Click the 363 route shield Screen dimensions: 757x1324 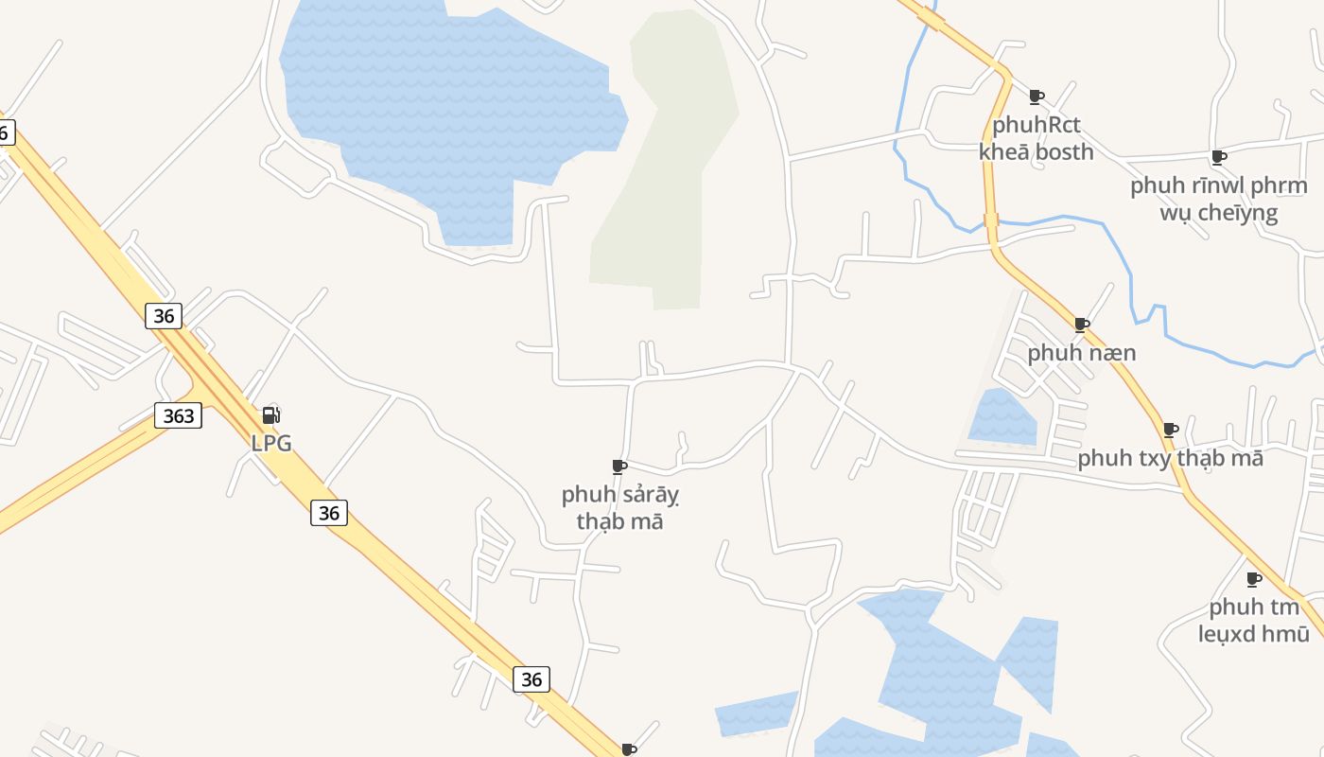tap(178, 414)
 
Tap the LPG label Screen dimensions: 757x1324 tap(271, 442)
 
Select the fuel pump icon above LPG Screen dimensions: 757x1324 tap(270, 414)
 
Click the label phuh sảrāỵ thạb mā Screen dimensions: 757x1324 tap(620, 507)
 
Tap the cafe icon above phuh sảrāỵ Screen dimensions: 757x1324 tap(619, 467)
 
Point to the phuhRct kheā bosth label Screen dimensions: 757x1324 tap(1037, 138)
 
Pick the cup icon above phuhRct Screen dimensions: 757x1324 tap(1037, 97)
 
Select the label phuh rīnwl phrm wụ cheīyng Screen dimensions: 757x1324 tap(1218, 198)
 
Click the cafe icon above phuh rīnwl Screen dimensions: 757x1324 tap(1219, 157)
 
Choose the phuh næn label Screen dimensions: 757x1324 tap(1082, 353)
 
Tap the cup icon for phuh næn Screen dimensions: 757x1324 tap(1082, 325)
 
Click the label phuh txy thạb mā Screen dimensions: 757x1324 tap(1170, 458)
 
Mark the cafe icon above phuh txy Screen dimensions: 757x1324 tap(1171, 430)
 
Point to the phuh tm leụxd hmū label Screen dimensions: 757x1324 tap(1254, 620)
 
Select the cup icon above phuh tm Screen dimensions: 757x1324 tap(1254, 578)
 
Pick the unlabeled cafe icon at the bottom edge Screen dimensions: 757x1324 tap(629, 749)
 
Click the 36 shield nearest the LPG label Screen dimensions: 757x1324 tap(328, 513)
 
